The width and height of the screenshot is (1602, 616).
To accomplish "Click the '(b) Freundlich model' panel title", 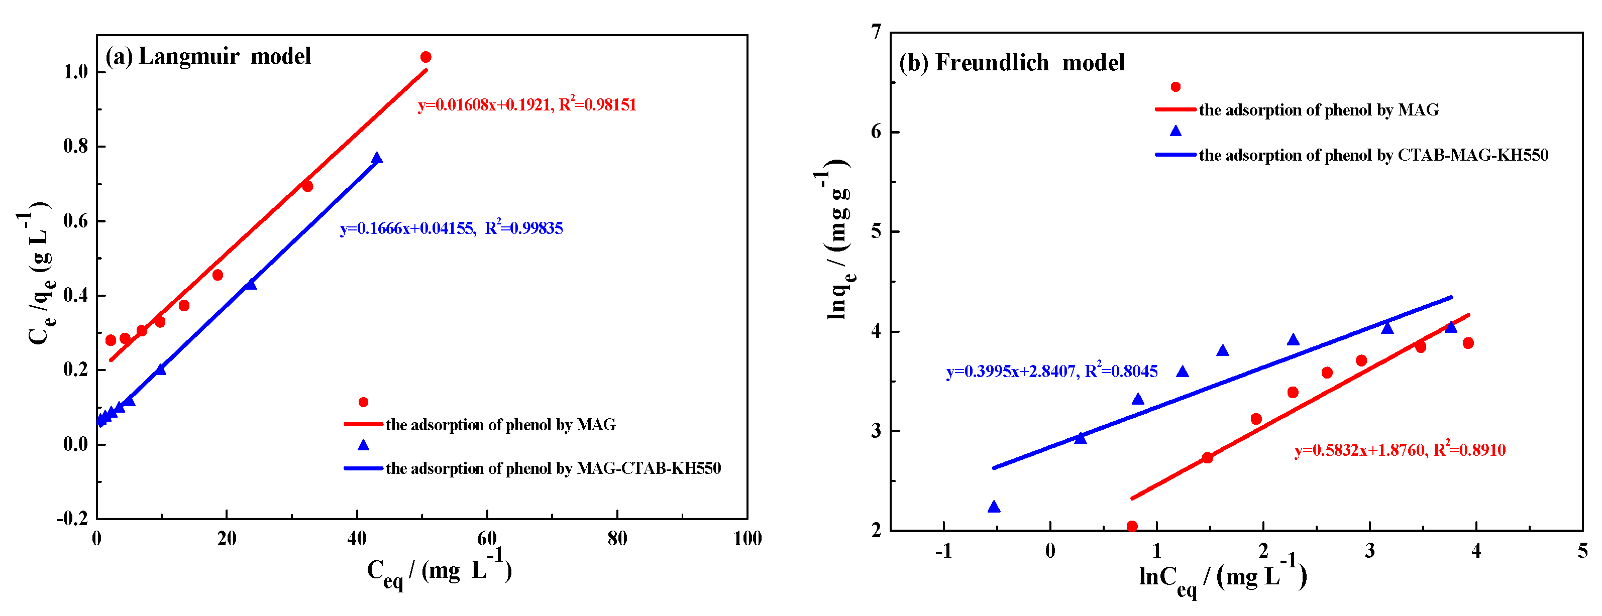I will point(1011,63).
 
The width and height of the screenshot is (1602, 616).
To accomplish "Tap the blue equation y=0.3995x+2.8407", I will point(1051,371).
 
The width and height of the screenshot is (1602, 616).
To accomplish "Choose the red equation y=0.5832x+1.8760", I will point(1399,450).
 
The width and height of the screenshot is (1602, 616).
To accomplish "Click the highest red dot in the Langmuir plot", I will point(426,57).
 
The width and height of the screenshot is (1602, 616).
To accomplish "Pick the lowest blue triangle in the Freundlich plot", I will point(994,507).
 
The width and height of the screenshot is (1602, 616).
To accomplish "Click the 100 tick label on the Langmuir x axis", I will point(747,538).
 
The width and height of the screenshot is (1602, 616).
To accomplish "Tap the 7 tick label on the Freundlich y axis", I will point(876,32).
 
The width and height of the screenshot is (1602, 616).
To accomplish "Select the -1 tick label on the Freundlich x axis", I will point(943,551).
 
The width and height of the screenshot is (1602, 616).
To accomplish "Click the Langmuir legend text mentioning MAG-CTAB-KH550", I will point(553,468).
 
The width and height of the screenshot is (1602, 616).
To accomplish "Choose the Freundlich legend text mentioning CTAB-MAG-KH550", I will point(1373,155).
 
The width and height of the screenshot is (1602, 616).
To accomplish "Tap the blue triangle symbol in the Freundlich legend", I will point(1176,131).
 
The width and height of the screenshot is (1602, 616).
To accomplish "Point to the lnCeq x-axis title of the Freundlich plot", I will point(1222,577).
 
